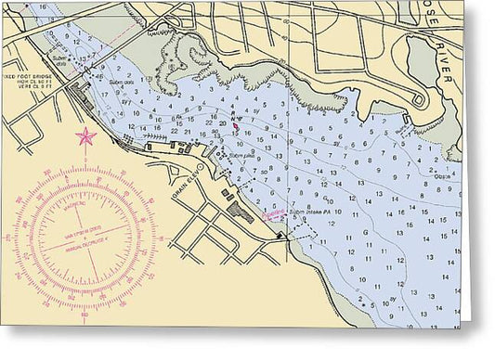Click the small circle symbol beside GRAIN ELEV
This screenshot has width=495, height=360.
click(x=199, y=167)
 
